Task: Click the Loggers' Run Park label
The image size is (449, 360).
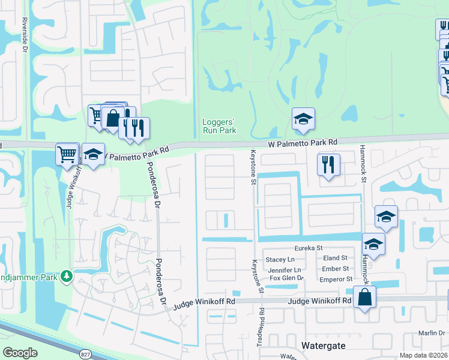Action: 217,125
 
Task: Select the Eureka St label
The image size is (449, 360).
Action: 309,248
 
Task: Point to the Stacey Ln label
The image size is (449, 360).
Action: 280,259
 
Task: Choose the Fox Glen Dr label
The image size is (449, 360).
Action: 286,278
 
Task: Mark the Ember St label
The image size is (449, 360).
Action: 336,269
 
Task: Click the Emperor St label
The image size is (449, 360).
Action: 336,279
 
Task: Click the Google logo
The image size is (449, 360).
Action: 20,353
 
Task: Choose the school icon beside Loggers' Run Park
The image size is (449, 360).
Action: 304,119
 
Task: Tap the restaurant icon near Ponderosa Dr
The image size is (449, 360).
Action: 137,129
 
